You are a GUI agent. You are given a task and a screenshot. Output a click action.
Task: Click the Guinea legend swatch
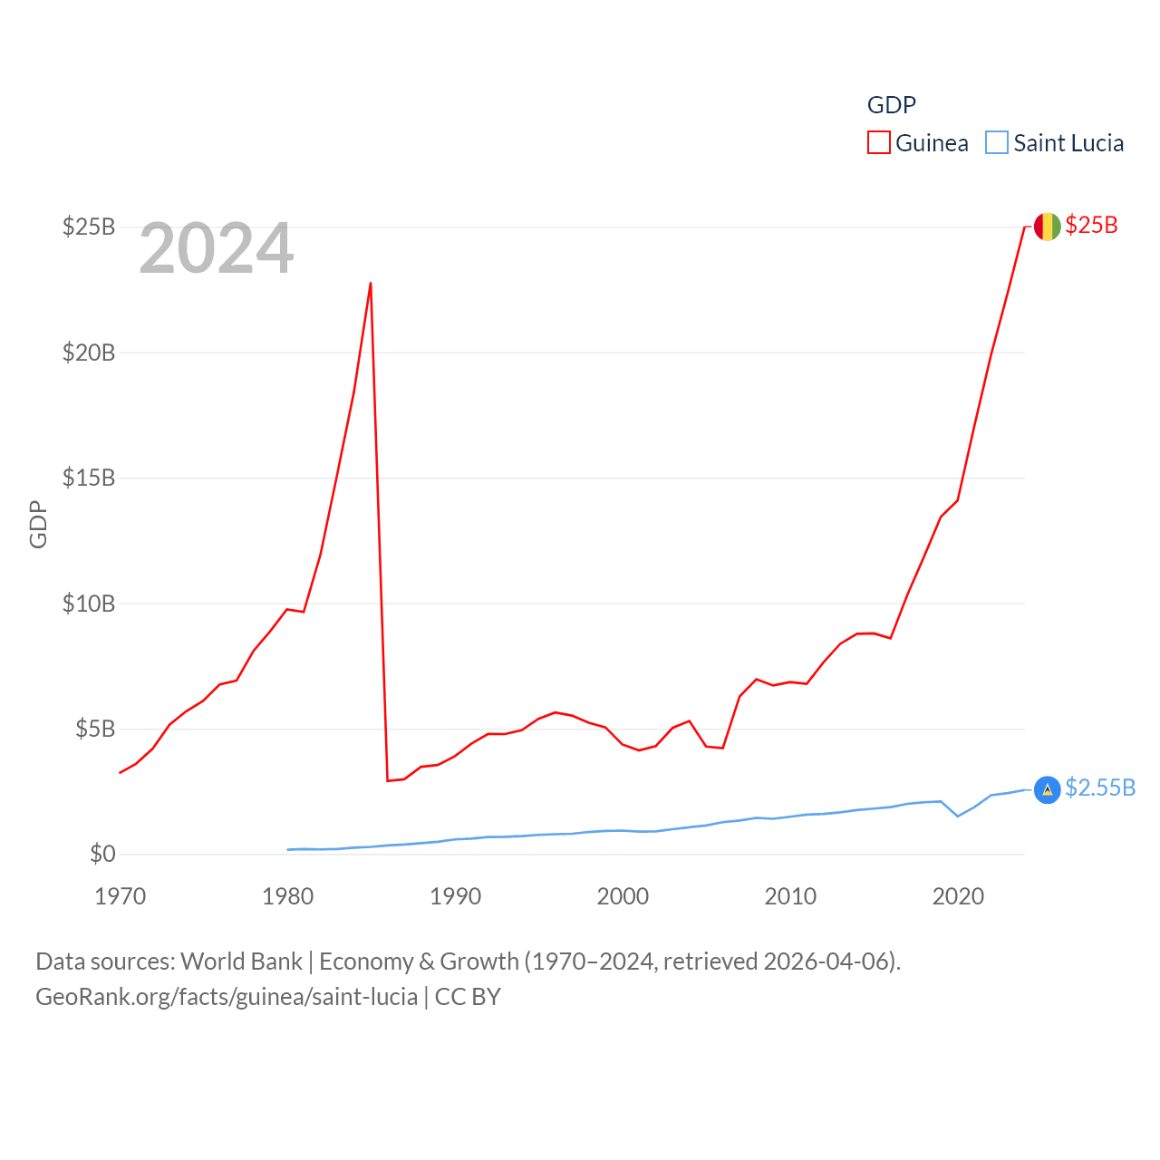[879, 143]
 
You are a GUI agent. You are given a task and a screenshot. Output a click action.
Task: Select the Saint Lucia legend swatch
[997, 143]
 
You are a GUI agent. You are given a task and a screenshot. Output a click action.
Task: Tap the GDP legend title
[892, 105]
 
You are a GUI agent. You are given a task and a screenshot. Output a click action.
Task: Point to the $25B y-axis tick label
[89, 227]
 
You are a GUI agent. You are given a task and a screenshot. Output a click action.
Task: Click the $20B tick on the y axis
[89, 353]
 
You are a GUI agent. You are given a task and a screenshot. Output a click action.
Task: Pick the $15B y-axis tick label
[89, 478]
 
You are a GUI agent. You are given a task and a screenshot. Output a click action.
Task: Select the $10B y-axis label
[89, 604]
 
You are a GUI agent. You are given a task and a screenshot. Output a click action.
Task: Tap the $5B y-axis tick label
[95, 729]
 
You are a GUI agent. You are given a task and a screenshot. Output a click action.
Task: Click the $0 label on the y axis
[102, 854]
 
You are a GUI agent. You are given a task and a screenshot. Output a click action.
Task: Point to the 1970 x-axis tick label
[121, 896]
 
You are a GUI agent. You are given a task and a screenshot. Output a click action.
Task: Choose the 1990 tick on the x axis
[455, 896]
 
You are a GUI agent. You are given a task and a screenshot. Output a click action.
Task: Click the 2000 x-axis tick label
[623, 896]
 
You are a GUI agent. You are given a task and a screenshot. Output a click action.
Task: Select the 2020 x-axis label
[958, 896]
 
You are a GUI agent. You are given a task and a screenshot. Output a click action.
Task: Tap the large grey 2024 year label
[217, 248]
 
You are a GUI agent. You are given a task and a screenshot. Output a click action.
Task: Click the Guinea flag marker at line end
[1047, 227]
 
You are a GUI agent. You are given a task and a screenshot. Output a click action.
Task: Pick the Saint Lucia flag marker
[1047, 789]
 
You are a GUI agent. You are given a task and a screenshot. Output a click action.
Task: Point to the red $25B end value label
[1091, 226]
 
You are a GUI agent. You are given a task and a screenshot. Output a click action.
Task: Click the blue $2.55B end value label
[1100, 788]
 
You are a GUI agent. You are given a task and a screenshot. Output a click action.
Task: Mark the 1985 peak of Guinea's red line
[371, 284]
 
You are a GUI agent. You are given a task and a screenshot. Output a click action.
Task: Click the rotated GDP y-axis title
[38, 524]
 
